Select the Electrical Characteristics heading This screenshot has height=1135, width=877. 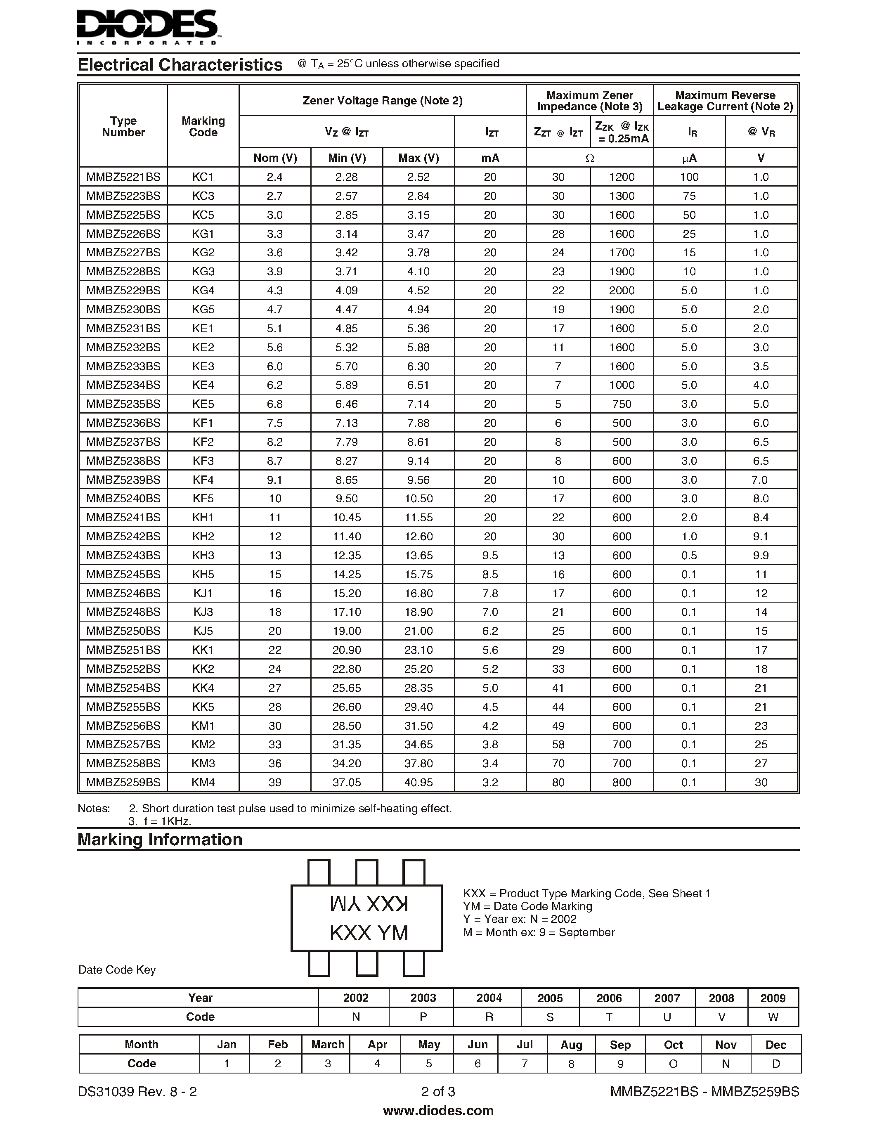click(x=180, y=65)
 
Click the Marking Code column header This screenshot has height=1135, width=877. click(x=203, y=126)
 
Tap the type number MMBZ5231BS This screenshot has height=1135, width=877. click(x=123, y=329)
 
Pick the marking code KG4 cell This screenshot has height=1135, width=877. click(x=203, y=291)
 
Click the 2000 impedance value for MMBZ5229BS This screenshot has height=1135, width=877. click(x=622, y=291)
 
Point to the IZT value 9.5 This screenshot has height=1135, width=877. click(x=490, y=556)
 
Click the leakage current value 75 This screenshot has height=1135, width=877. click(x=689, y=196)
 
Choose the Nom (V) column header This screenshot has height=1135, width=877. click(x=275, y=158)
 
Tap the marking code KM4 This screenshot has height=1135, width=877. click(x=203, y=783)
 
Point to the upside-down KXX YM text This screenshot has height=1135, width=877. click(x=369, y=905)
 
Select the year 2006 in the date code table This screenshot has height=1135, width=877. click(x=609, y=998)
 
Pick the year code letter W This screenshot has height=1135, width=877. click(x=773, y=1017)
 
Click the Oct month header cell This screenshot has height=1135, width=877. click(x=674, y=1045)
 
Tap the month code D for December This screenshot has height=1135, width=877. click(x=776, y=1064)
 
